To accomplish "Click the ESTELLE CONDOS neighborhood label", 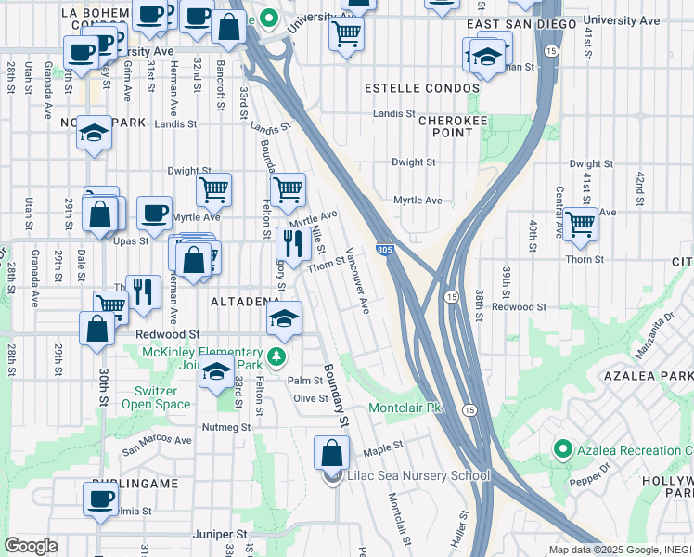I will coord(422,88).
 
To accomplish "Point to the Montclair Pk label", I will coord(412,408).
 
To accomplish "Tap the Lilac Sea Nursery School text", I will coord(418,476).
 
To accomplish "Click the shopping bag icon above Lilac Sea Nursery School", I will coord(332,454).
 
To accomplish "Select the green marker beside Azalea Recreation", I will coord(562,450).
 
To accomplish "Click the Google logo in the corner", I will coord(31,546).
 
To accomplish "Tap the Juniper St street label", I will coord(221,535).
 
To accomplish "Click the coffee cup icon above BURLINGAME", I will coord(100,499).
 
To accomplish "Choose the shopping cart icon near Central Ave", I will coord(580,224).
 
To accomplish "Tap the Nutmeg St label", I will coord(226,427).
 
